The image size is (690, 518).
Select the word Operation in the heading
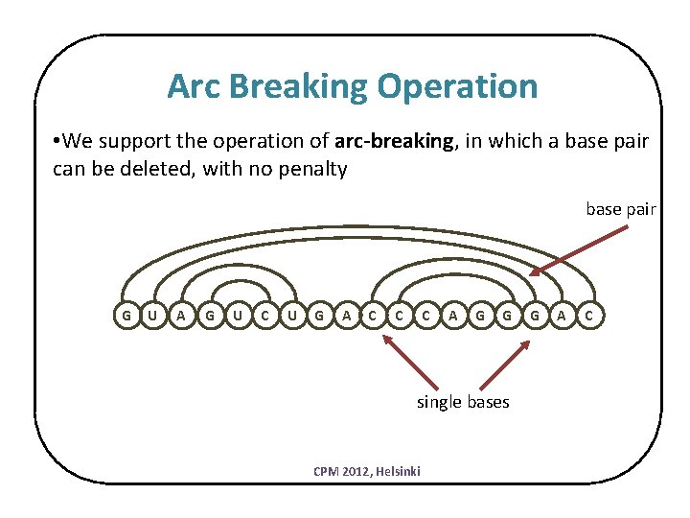coord(458,86)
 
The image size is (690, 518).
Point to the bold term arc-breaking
coord(395,142)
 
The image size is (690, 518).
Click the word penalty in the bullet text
coord(313,171)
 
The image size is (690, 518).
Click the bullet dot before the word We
coord(58,142)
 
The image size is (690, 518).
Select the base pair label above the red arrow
coord(621,208)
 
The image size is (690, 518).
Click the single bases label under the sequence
coord(462,401)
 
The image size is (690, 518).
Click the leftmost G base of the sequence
coord(125,315)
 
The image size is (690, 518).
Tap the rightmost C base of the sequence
coord(589,315)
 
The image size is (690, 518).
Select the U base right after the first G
coord(151,315)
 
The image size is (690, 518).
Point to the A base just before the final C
coord(563,315)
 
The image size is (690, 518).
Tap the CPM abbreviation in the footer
coord(326,471)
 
